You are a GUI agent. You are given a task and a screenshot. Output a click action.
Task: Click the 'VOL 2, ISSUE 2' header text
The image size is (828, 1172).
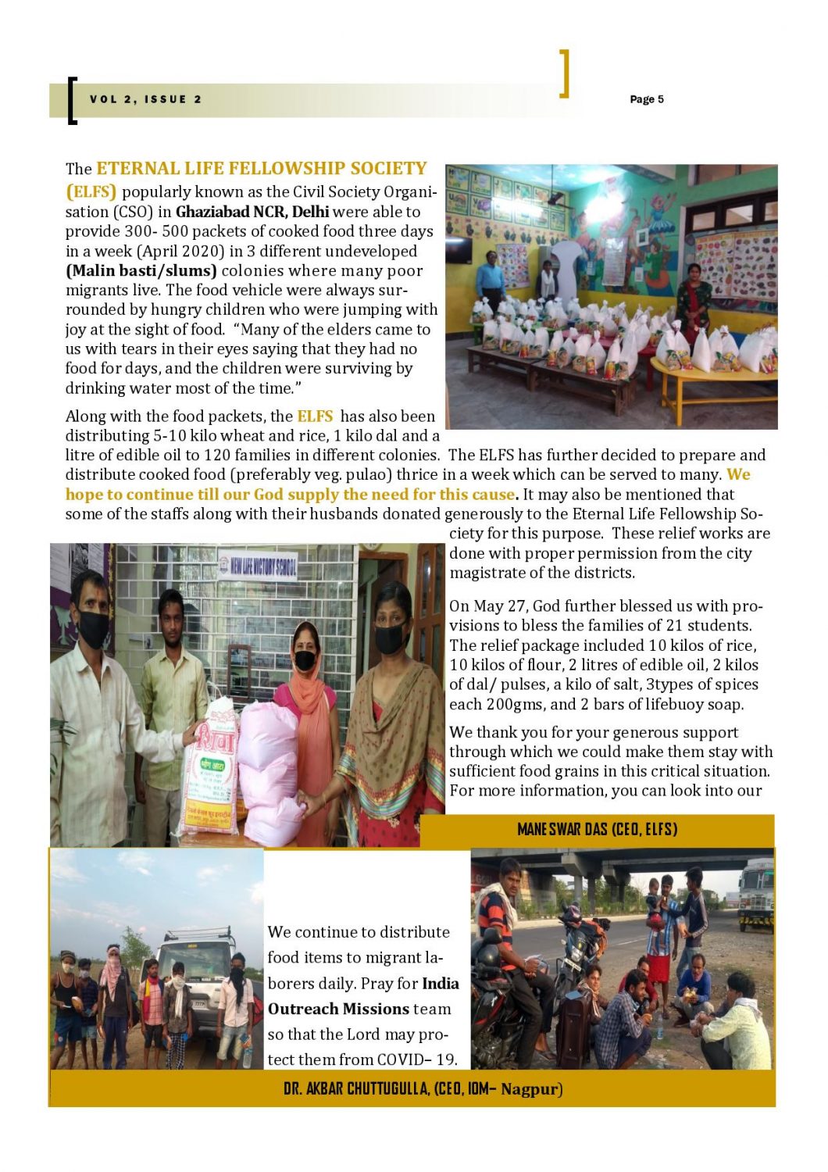click(146, 99)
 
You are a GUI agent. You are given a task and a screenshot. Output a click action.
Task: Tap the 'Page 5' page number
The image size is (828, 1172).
click(646, 99)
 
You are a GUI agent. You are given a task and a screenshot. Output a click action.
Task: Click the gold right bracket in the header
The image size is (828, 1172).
click(565, 73)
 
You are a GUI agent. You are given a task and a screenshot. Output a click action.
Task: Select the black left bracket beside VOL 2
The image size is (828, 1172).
click(72, 100)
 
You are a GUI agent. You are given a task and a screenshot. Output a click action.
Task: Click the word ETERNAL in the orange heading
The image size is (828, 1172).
click(138, 169)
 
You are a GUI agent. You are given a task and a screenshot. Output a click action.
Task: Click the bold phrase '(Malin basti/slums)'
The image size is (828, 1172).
click(141, 271)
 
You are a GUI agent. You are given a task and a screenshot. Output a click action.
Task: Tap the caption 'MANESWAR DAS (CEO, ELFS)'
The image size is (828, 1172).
click(597, 830)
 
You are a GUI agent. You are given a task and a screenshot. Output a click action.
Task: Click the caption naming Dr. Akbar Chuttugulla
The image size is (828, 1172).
click(423, 1088)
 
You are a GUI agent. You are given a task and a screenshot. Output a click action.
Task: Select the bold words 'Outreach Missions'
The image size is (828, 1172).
click(338, 1009)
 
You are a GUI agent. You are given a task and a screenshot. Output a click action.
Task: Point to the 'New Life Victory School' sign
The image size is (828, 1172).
click(259, 566)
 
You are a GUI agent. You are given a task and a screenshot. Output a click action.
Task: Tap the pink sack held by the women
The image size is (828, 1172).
click(270, 774)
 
